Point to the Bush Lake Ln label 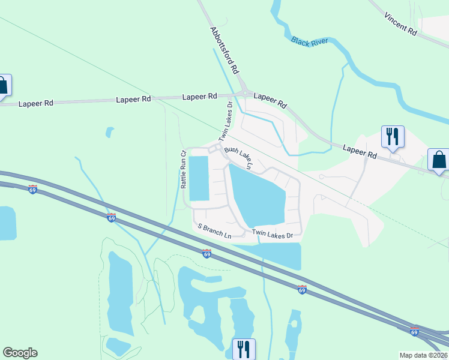click(239, 157)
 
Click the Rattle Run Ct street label click(184, 170)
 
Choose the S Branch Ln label click(214, 230)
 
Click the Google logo click(20, 353)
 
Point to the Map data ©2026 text click(423, 355)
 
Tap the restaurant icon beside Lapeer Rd click(393, 137)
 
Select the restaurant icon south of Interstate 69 click(244, 348)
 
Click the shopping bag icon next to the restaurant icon click(438, 160)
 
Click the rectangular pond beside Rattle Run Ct click(199, 178)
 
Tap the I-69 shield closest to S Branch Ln click(206, 253)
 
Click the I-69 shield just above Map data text click(414, 331)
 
